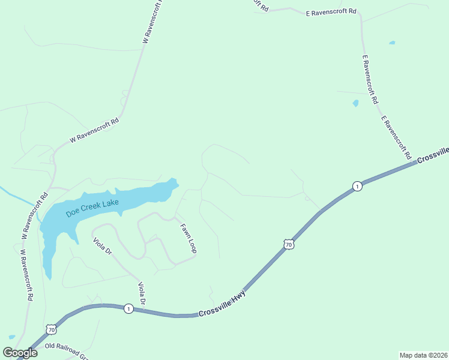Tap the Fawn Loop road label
(188, 238)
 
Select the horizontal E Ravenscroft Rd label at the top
(331, 11)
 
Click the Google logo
(20, 352)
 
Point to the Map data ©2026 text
(423, 355)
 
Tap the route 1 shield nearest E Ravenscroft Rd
(357, 186)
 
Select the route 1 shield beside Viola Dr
(128, 308)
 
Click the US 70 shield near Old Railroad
(50, 329)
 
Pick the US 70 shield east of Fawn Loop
(289, 245)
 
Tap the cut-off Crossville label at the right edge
(433, 154)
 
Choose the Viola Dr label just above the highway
(142, 293)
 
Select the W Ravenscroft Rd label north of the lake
(94, 130)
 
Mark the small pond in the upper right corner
(392, 43)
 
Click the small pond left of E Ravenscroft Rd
(355, 103)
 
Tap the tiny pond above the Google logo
(12, 337)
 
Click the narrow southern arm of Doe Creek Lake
(47, 258)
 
